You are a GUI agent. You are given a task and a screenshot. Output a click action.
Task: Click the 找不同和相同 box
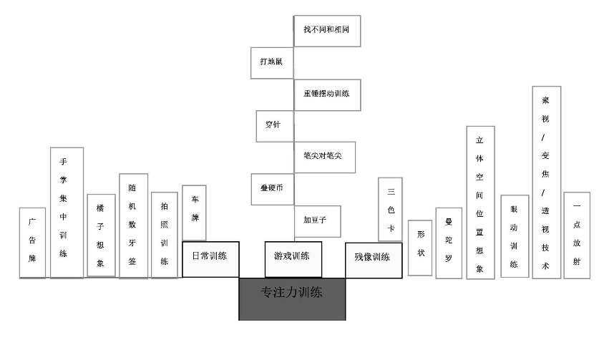point(326,31)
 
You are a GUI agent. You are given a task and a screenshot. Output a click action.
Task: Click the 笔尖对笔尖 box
point(323,157)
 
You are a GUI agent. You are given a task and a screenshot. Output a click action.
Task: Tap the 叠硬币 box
point(272,189)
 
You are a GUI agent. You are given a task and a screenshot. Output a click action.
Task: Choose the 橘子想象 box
point(101,235)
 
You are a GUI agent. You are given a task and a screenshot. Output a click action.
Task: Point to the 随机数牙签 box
point(133,225)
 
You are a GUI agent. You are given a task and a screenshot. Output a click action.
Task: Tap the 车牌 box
point(194,213)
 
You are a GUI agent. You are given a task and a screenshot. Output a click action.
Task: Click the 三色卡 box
point(390,209)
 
